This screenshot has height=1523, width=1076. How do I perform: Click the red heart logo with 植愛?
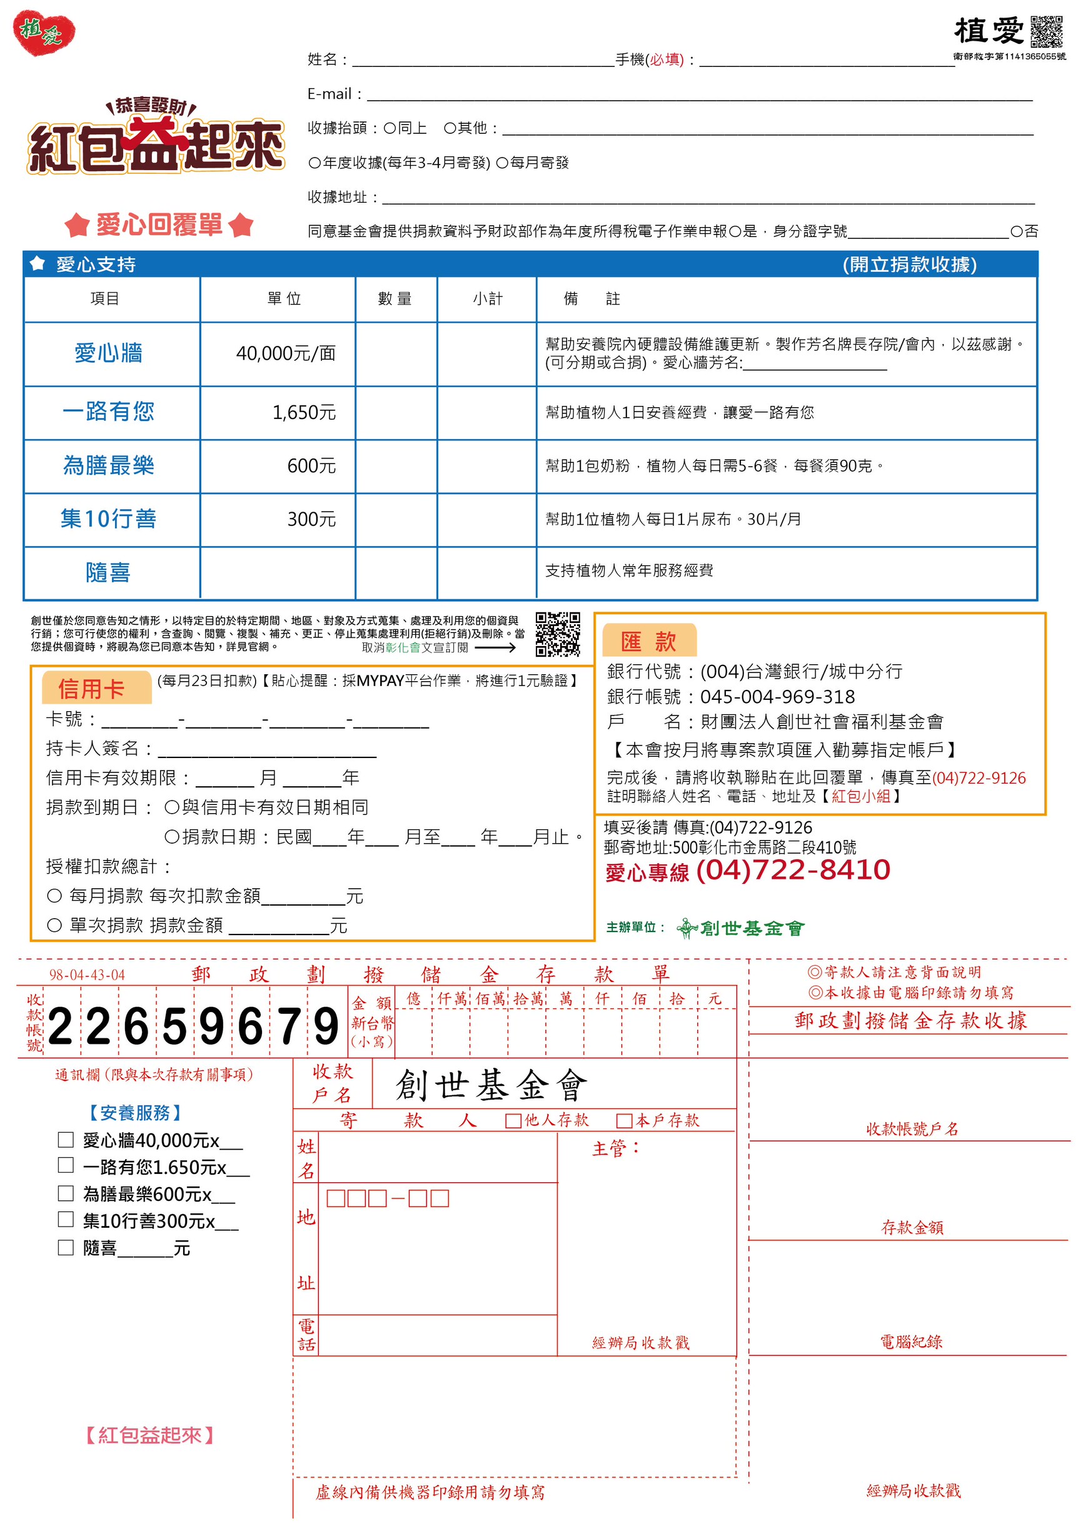pos(44,32)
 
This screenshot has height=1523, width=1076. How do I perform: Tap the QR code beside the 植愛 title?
pos(1046,31)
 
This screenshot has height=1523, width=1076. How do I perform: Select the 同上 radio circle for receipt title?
pos(390,128)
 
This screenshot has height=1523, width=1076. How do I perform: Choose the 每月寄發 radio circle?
pos(502,163)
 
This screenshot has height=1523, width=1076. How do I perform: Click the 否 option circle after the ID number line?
pos(1016,231)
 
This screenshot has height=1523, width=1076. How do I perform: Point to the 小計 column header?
pos(487,299)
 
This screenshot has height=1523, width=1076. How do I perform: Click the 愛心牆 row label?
pos(109,353)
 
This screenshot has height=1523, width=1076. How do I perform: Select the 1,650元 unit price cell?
pos(304,413)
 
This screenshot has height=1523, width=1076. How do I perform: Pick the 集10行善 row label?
pos(109,519)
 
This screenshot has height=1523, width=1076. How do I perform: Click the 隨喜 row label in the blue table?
pos(108,572)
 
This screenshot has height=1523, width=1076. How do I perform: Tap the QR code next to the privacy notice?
pos(558,634)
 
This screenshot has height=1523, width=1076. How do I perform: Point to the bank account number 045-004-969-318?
pos(777,697)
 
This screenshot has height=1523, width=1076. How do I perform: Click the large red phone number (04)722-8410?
pos(793,869)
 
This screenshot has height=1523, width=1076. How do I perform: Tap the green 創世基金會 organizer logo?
pos(740,928)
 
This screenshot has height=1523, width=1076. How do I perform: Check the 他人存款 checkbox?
pos(513,1121)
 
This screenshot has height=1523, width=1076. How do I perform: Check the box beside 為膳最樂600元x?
pos(66,1193)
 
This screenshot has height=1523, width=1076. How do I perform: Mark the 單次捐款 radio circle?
pos(54,924)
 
